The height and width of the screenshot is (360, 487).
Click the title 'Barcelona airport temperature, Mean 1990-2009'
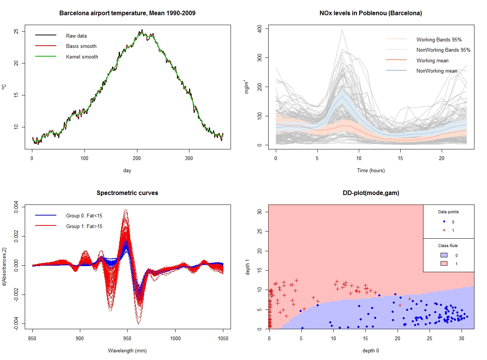coord(127,13)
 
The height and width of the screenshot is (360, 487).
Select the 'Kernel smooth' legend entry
coord(82,57)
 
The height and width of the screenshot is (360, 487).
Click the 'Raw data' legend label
coord(76,36)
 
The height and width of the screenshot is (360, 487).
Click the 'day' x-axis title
coord(127,171)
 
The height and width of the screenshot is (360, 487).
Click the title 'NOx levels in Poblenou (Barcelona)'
coord(371,13)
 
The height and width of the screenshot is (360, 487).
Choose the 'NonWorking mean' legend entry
coord(437,71)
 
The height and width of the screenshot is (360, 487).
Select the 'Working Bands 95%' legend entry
coord(439,40)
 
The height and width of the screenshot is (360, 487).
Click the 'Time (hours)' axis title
coord(371,171)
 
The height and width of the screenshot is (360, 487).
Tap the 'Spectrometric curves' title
coord(127,193)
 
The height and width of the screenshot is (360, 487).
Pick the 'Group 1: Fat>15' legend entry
coord(84,227)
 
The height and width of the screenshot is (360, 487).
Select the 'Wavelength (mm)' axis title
coord(127,350)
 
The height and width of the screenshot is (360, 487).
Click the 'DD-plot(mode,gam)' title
coord(371,193)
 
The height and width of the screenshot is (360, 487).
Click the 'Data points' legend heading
coord(449,212)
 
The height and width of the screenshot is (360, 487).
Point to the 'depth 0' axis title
coord(371,350)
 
